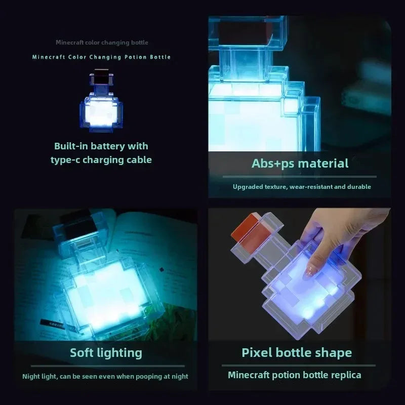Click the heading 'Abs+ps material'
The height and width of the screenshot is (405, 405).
point(300,164)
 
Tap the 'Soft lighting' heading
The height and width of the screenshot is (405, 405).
point(106,352)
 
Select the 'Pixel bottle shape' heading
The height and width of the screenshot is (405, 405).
point(297,352)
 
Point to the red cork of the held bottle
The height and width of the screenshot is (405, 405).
point(245,227)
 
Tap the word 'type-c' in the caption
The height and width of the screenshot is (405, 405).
point(66,160)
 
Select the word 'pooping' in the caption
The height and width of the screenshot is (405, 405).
point(147,376)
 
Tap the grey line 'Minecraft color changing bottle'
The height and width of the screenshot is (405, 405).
point(102,43)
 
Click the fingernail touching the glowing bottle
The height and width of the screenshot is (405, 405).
point(307,274)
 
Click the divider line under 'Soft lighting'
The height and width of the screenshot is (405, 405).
point(106,366)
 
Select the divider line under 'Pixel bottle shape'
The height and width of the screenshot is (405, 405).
point(299,365)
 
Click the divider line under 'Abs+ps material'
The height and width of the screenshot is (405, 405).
point(300,177)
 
